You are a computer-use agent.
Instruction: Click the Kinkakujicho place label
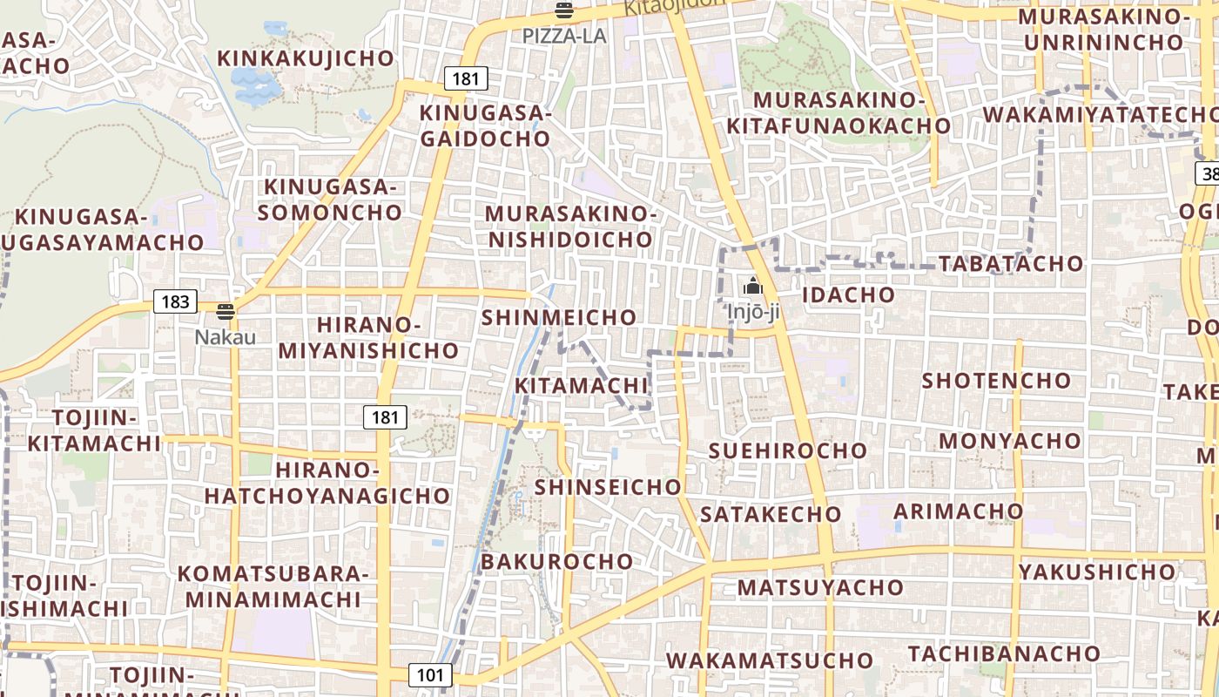(x=306, y=58)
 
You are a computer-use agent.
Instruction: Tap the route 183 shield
(x=175, y=301)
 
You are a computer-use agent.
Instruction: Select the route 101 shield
(x=429, y=674)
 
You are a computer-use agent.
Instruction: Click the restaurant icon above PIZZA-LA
(x=564, y=11)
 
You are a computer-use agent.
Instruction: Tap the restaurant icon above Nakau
(x=226, y=312)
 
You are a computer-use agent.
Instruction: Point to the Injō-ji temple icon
(x=752, y=286)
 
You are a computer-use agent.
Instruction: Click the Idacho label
(x=848, y=294)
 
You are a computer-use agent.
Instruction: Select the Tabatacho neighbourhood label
(x=1011, y=263)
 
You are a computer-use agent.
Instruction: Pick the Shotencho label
(x=996, y=381)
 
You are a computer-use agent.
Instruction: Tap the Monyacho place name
(x=1010, y=441)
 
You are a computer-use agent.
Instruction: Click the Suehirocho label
(x=788, y=450)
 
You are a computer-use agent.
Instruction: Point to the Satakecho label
(x=771, y=514)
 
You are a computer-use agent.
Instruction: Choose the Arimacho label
(x=959, y=511)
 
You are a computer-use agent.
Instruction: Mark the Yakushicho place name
(x=1097, y=572)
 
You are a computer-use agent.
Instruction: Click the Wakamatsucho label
(x=770, y=660)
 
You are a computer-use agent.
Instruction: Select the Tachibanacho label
(x=1004, y=653)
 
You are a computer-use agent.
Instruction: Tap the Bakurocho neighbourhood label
(x=557, y=562)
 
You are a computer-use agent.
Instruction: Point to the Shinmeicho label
(x=559, y=318)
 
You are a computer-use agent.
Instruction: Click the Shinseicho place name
(x=608, y=487)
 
